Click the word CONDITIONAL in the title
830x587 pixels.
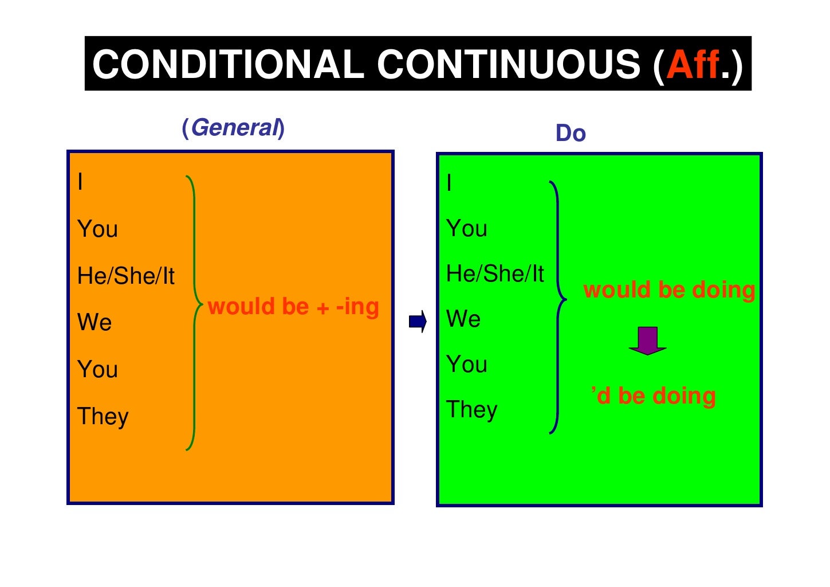point(228,64)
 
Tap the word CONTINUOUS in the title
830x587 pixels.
point(509,64)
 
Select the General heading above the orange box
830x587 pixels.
point(233,127)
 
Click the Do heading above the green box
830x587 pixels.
point(571,134)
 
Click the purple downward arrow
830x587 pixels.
point(647,341)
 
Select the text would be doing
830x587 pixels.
point(669,289)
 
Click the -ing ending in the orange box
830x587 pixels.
point(357,306)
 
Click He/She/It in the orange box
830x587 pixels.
point(126,276)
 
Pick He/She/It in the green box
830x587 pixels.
point(495,274)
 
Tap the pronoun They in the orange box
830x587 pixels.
point(103,417)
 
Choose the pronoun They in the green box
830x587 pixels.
point(472,410)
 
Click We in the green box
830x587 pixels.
point(463,319)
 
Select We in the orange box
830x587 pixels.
point(95,323)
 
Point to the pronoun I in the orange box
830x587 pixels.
point(80,182)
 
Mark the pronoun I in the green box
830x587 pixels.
point(449,183)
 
